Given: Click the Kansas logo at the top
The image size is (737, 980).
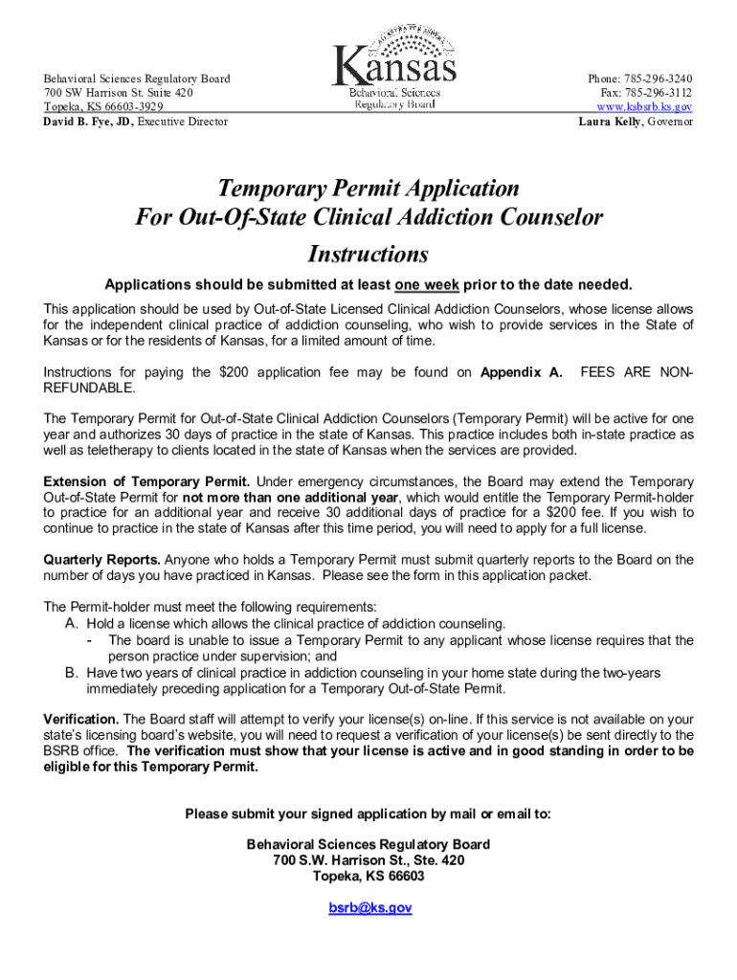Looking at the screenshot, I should tap(393, 69).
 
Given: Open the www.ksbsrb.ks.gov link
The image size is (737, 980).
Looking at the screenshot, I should tap(644, 107).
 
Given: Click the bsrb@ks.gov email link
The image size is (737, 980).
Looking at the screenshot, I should tap(369, 907).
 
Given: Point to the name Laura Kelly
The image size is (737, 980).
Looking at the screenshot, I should tap(609, 122).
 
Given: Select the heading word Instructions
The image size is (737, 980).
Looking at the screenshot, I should tap(368, 255).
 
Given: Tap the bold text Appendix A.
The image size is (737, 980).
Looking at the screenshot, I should tap(521, 372).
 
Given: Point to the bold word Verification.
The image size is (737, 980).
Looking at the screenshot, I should tap(81, 719).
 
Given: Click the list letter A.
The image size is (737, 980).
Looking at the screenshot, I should tap(72, 623).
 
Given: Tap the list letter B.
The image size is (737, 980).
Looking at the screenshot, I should tap(72, 673).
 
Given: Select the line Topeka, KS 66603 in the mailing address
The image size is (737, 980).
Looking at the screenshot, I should tap(368, 877).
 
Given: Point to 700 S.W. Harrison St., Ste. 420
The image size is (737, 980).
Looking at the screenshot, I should tap(368, 860).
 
